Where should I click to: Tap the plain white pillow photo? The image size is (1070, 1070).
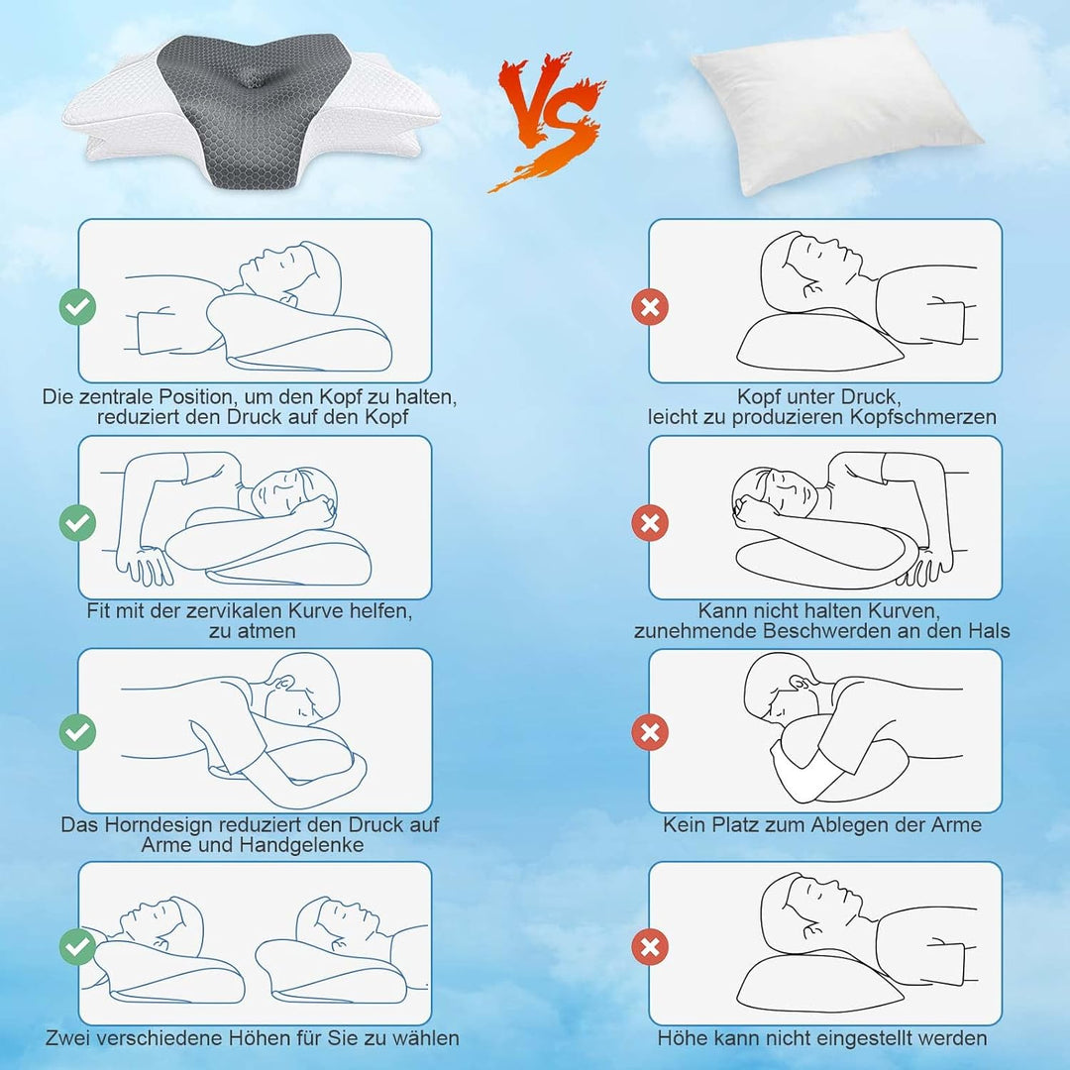835,116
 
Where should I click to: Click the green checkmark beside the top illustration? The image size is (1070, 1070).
77,307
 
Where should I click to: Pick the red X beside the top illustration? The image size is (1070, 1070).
649,307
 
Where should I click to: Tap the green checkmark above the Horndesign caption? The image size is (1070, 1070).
77,732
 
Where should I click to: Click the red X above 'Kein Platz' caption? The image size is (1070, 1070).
649,732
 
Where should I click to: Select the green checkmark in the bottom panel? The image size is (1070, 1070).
77,946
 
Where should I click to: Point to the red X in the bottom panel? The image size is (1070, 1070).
649,946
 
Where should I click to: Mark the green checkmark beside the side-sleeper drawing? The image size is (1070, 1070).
77,520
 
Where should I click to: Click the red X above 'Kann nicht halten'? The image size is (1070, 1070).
649,520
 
